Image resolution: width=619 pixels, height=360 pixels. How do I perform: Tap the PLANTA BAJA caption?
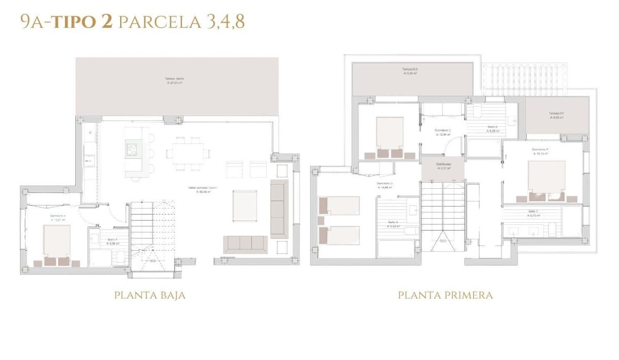150,296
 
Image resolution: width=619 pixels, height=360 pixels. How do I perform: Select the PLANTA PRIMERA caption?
445,296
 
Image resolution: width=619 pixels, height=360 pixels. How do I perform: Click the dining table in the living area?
188,153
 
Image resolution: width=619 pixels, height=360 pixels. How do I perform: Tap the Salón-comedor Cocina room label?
203,189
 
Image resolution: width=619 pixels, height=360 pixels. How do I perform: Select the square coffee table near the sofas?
245,205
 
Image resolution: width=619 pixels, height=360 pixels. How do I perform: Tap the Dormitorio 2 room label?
443,132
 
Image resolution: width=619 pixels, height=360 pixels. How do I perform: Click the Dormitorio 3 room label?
384,185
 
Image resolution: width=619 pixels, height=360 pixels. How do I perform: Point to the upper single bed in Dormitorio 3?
339,205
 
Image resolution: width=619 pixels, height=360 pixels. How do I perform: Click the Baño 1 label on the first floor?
533,214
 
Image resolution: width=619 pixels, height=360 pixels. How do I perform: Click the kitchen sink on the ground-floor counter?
90,160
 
